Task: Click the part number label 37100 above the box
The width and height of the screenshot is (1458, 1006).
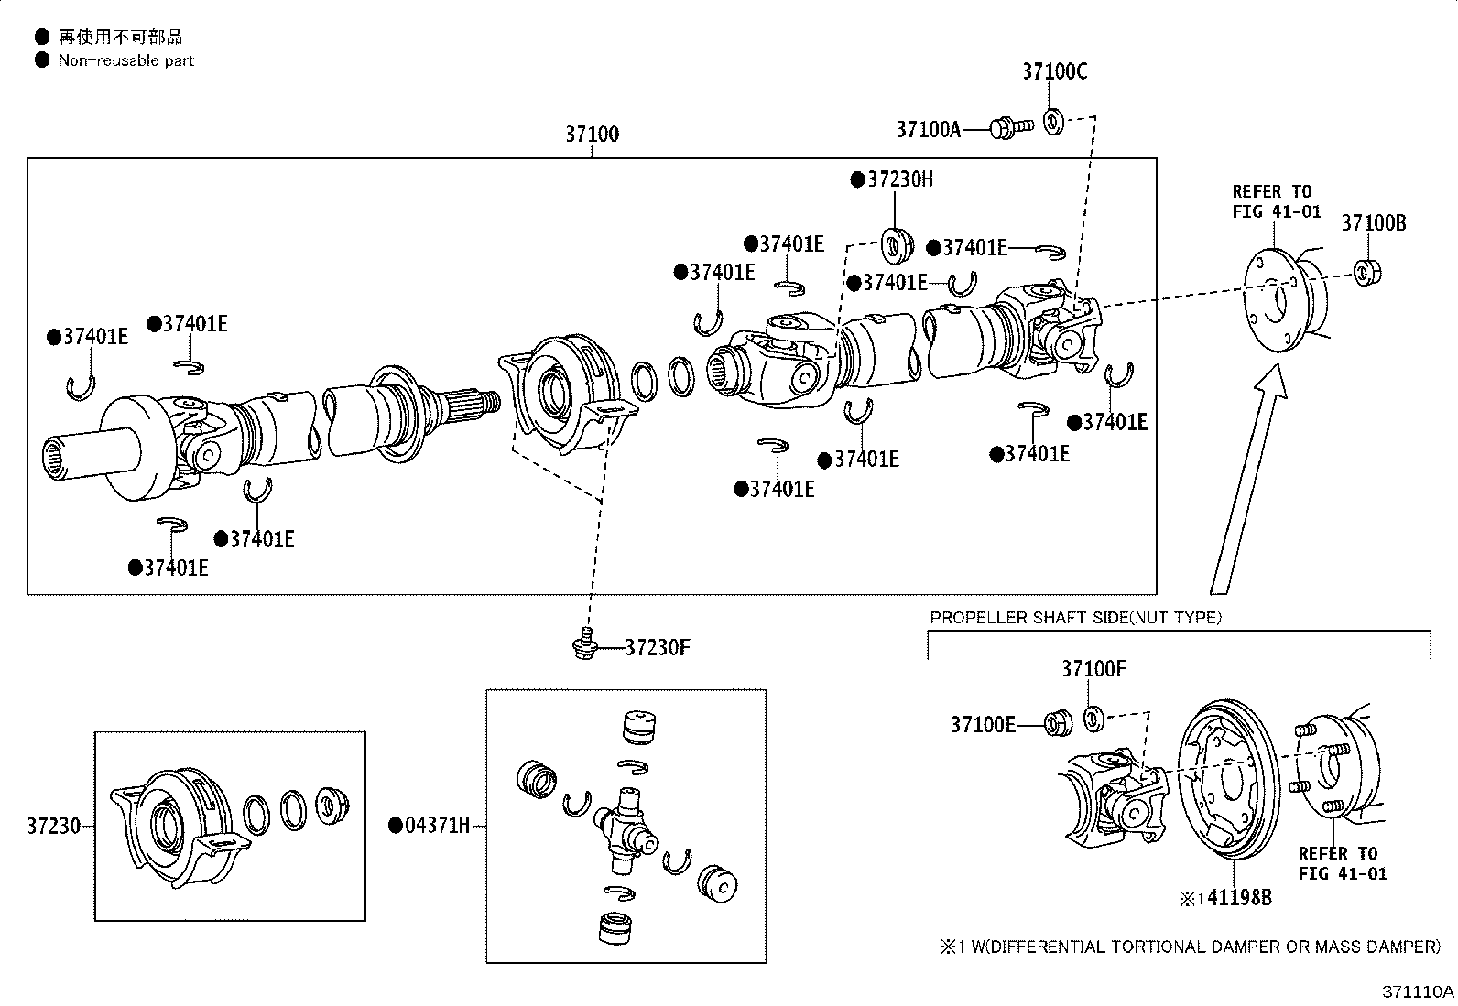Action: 592,134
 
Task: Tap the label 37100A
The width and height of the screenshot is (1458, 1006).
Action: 928,129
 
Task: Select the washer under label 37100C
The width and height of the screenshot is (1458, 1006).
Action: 1053,122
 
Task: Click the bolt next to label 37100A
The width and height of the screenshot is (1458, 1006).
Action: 1011,127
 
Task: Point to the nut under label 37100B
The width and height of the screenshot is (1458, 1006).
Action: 1367,272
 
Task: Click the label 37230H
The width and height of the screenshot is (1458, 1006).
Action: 892,178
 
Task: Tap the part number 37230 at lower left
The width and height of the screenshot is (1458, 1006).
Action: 53,826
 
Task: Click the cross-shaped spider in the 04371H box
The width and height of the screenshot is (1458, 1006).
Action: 626,829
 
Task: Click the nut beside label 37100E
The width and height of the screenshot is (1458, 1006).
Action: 1058,723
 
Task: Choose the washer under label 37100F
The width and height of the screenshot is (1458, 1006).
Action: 1093,719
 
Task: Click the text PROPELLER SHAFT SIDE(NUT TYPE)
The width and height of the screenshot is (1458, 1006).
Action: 1075,617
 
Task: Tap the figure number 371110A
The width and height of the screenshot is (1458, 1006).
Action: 1418,991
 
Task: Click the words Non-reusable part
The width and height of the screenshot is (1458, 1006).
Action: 126,60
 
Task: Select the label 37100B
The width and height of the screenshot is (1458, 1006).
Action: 1374,223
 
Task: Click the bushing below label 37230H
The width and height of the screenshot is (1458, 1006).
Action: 897,246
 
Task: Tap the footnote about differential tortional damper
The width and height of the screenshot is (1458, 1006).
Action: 1190,947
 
